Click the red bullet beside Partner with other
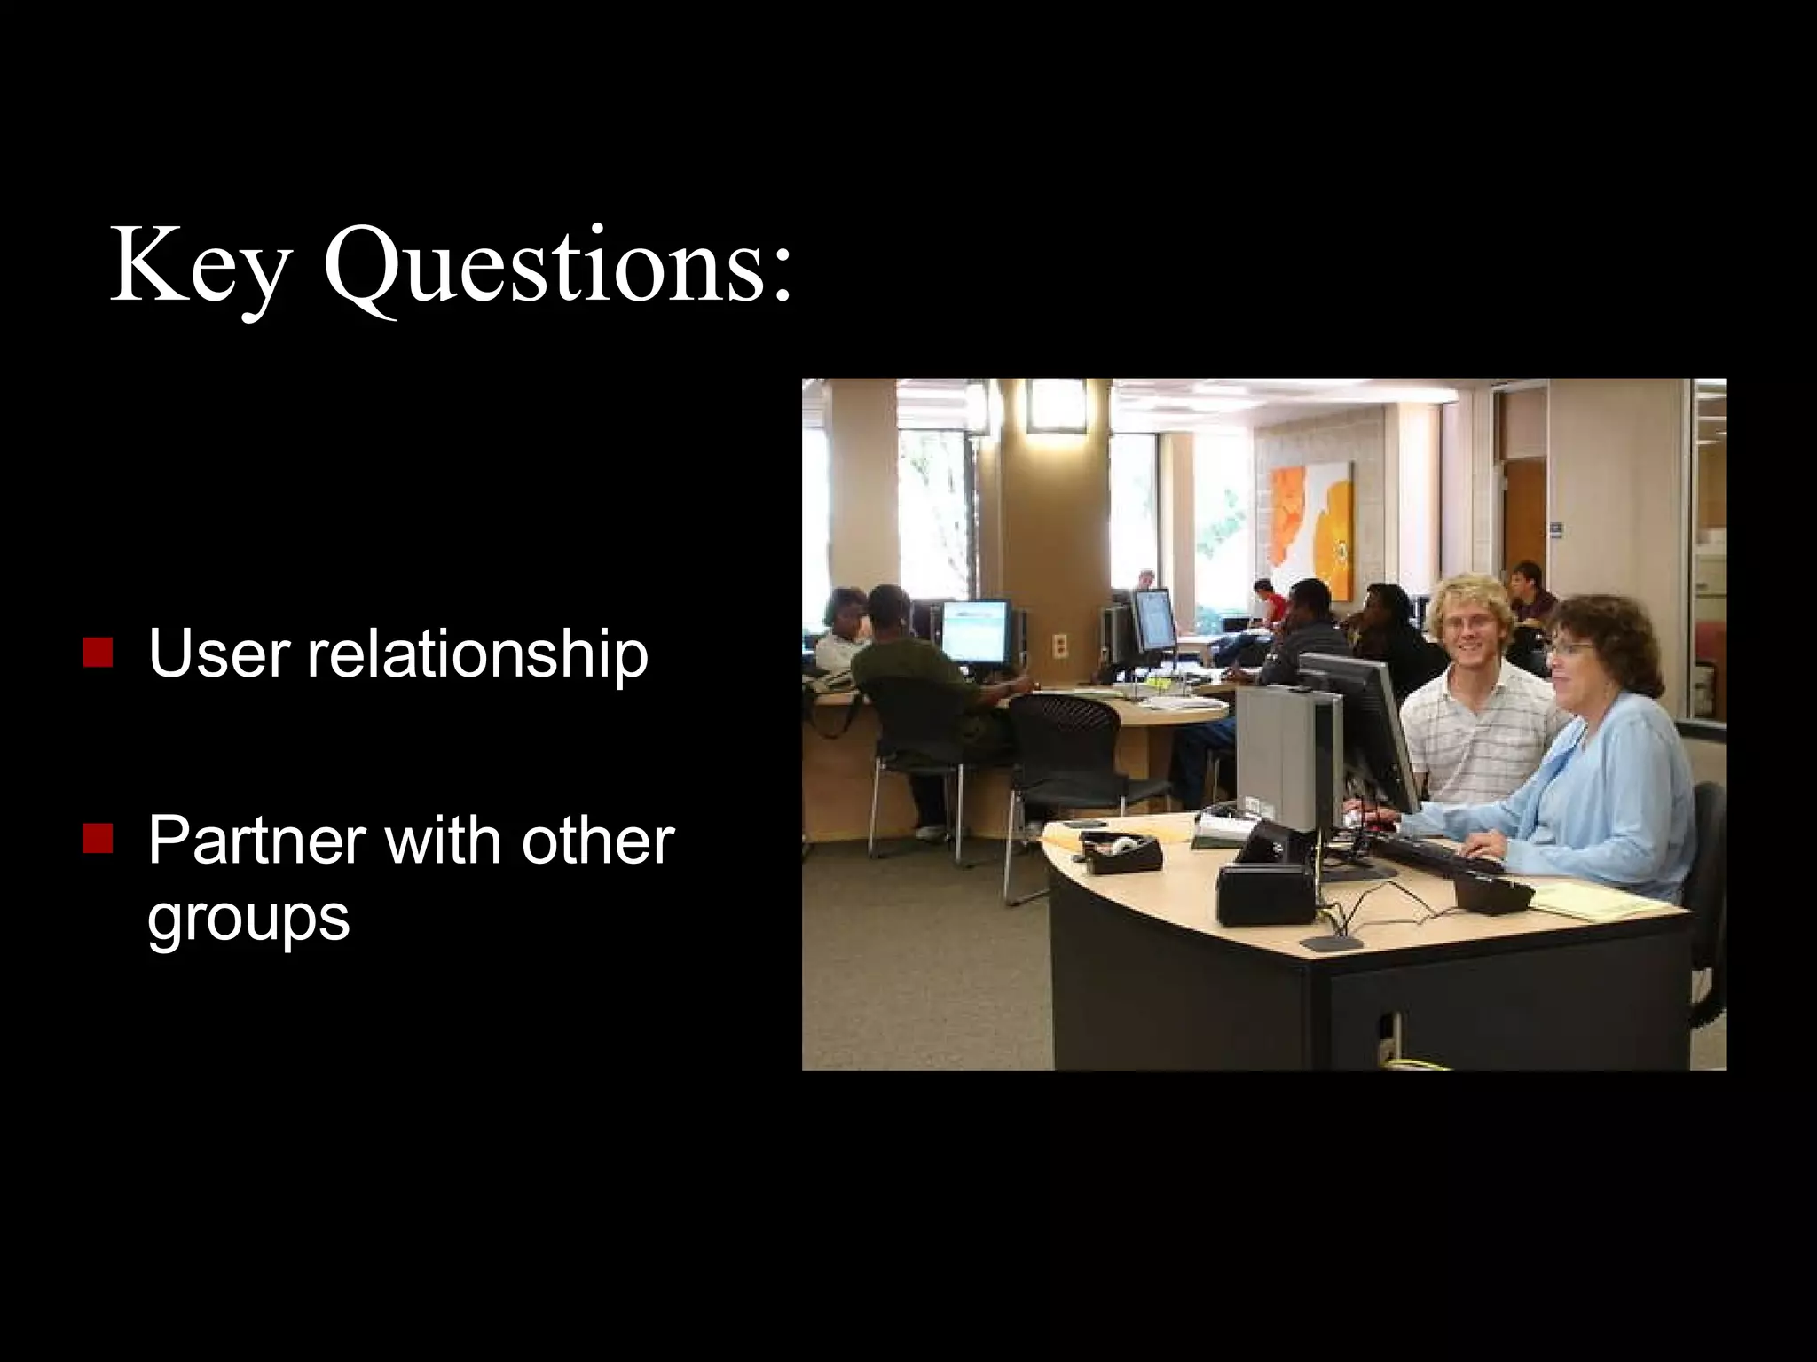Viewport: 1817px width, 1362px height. click(x=98, y=838)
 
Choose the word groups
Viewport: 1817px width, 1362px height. click(x=248, y=920)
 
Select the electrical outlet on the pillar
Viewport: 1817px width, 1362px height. click(x=1060, y=645)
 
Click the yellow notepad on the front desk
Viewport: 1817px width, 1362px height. click(x=1597, y=900)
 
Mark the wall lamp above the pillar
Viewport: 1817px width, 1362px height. click(x=1056, y=406)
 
